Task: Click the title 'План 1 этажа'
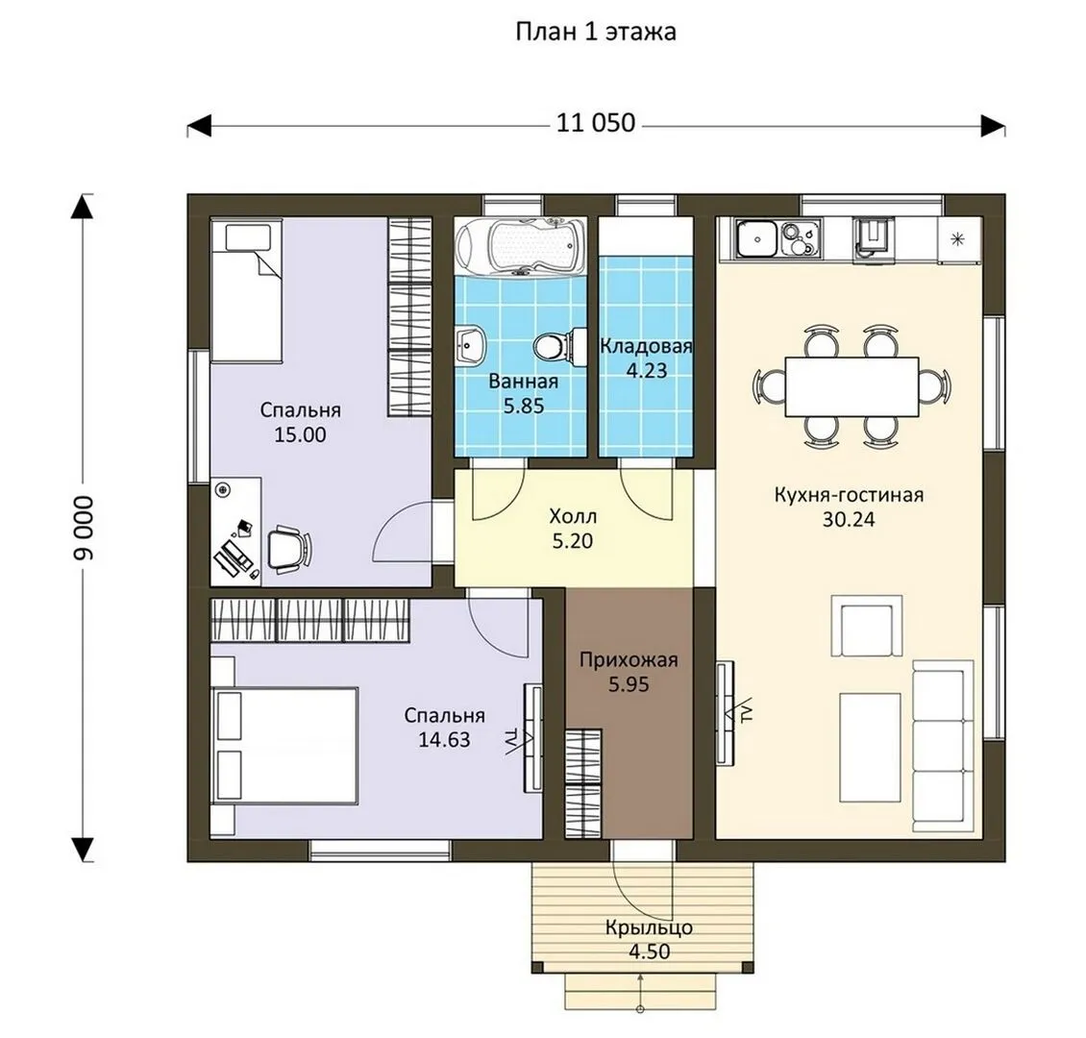[x=596, y=32]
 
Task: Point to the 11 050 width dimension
[x=596, y=123]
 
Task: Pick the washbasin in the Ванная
[x=470, y=343]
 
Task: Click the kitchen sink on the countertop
[x=757, y=238]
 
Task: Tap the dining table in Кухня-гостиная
[x=852, y=386]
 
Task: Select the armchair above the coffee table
[x=867, y=625]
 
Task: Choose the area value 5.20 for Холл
[x=573, y=541]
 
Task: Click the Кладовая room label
[x=646, y=346]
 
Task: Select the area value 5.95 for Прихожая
[x=629, y=685]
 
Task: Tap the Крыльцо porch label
[x=649, y=927]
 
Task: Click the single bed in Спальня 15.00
[x=246, y=290]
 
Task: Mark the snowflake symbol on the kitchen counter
[x=958, y=239]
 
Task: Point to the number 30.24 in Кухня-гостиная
[x=849, y=519]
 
